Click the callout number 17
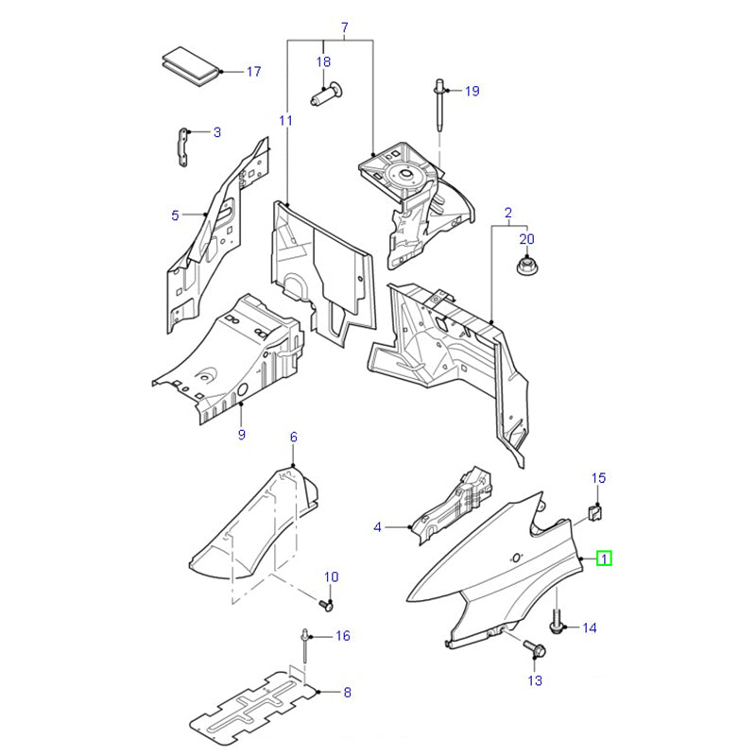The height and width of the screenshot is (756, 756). point(252,72)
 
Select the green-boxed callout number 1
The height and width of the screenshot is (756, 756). point(603,560)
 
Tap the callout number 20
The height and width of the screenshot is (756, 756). point(526,239)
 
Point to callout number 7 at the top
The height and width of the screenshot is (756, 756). point(344,26)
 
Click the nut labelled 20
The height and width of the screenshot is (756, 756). point(526,266)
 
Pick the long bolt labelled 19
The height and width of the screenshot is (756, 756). point(441,110)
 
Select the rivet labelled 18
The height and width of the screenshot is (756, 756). point(324,94)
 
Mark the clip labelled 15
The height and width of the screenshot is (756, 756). point(596,512)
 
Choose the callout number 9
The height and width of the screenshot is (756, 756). point(241,435)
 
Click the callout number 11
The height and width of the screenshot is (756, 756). point(285,120)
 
